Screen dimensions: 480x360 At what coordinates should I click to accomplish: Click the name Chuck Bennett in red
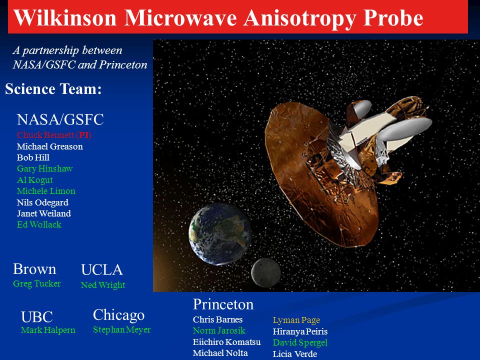(x=45, y=135)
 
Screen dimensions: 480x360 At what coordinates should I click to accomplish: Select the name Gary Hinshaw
(x=44, y=168)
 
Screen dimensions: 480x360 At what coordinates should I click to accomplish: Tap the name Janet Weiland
(x=44, y=213)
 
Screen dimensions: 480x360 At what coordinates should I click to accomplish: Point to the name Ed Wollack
(x=39, y=224)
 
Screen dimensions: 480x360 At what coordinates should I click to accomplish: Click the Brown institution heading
(x=34, y=269)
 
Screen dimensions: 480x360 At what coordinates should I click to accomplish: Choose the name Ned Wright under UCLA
(x=103, y=285)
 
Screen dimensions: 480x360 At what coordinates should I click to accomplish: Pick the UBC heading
(x=36, y=317)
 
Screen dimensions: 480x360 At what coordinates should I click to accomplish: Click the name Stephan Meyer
(x=122, y=329)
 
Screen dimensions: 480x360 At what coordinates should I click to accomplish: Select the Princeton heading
(x=223, y=304)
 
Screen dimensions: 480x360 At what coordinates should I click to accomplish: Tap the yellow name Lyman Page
(x=296, y=320)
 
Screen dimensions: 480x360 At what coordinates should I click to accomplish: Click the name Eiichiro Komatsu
(x=227, y=342)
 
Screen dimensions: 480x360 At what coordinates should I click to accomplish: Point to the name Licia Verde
(x=295, y=354)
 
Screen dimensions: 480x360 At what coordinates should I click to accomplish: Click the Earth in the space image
(x=220, y=234)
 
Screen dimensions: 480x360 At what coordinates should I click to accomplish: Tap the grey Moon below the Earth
(x=265, y=273)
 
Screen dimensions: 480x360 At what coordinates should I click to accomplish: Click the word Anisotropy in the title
(x=299, y=18)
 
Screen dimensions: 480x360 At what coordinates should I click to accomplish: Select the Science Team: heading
(x=53, y=89)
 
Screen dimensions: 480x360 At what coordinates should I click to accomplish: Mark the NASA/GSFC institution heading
(x=60, y=119)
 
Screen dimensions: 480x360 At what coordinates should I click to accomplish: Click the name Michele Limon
(x=46, y=191)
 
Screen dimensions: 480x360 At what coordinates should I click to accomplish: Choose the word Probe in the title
(x=393, y=18)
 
